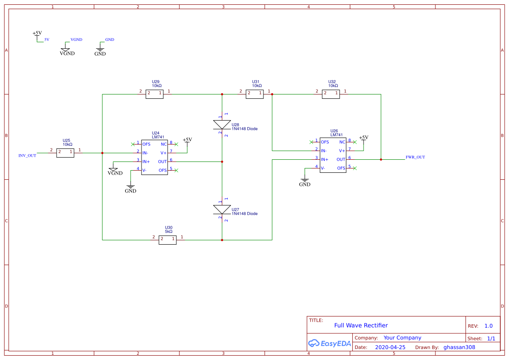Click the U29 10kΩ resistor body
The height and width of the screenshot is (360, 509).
point(154,94)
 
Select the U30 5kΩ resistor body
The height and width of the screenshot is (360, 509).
point(167,240)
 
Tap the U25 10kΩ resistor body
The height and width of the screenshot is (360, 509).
point(65,153)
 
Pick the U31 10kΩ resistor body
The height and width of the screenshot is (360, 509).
point(254,94)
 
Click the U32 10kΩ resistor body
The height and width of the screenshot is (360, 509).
point(330,94)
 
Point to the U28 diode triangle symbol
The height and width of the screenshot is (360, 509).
point(222,125)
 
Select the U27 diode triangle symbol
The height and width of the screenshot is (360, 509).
point(222,210)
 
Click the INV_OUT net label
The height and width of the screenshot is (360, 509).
point(27,155)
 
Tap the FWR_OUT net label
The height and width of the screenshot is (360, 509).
point(415,157)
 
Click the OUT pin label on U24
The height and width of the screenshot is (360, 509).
point(162,161)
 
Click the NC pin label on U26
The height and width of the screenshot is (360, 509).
point(342,142)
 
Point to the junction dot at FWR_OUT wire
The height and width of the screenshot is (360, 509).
point(381,160)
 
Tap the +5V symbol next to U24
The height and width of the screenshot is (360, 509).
point(187,140)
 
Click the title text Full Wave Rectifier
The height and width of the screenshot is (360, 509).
point(361,325)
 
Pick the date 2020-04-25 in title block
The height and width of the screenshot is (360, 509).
point(390,347)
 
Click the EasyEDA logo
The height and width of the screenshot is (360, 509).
point(330,343)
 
